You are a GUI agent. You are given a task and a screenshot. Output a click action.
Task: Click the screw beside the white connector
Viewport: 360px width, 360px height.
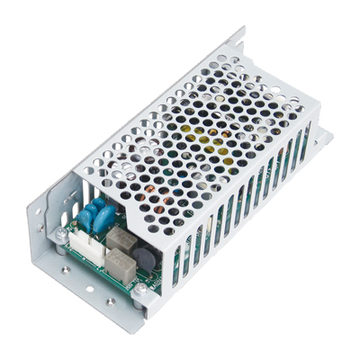61,236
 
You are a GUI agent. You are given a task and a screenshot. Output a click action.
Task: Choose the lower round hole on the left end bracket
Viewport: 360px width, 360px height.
39,241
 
